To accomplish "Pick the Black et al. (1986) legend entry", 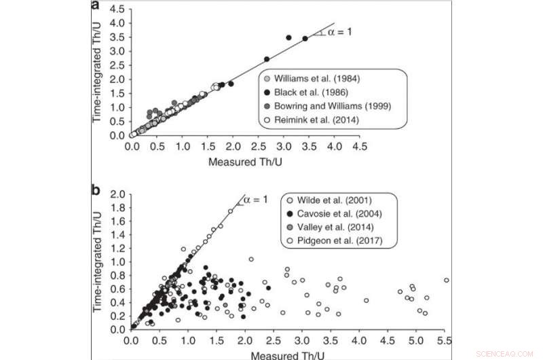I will (309, 93).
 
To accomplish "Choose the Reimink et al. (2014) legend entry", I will (314, 121).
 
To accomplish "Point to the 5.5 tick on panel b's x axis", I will (445, 340).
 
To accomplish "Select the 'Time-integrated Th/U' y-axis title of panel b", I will (101, 262).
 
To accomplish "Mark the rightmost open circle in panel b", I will (446, 280).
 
